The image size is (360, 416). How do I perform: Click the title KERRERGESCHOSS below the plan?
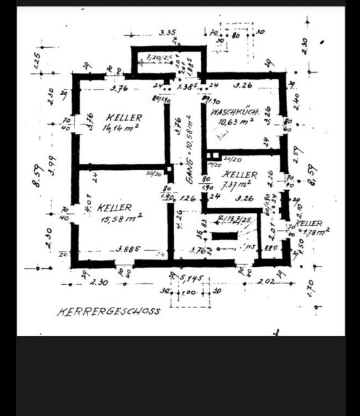click(x=108, y=311)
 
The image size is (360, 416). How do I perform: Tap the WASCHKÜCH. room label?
click(x=235, y=113)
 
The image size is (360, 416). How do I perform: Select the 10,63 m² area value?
click(x=236, y=122)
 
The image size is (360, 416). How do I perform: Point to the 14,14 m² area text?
click(x=120, y=128)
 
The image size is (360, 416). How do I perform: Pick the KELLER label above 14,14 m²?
click(x=124, y=117)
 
